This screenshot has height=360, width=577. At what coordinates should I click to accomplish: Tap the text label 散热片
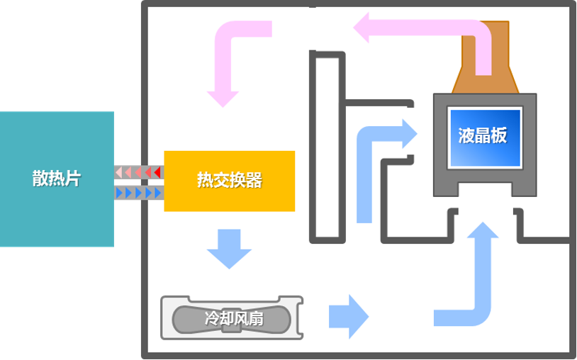point(57,179)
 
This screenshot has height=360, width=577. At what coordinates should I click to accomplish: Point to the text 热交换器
point(229,181)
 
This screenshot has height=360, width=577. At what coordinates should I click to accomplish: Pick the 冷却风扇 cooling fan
point(232,317)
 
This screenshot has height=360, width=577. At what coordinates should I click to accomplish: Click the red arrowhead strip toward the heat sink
point(139,172)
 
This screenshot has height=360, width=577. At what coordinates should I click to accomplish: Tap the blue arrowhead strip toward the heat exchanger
point(139,192)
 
